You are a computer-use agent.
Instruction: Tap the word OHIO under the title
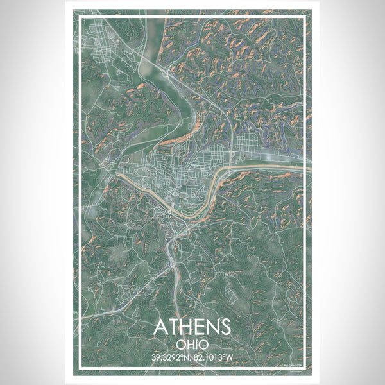pos(192,345)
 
